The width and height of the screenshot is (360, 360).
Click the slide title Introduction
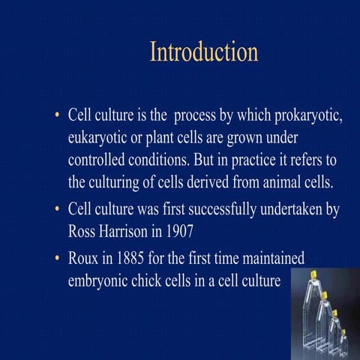point(204,52)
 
